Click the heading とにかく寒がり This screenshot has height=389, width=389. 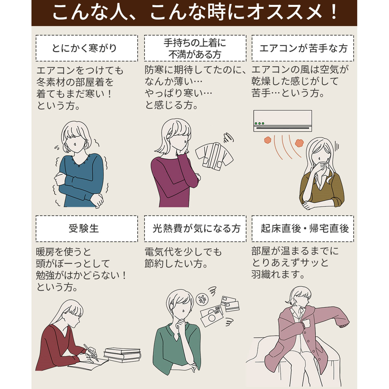pos(84,48)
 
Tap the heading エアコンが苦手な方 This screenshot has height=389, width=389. pos(303,48)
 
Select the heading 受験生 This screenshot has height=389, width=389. pos(84,229)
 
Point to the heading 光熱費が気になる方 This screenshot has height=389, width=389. pos(196,229)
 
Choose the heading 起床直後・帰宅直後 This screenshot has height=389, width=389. pos(305,228)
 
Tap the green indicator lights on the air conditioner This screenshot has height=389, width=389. pos(259,123)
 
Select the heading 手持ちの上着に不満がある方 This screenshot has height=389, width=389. pos(195,48)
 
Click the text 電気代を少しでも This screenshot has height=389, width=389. pos(183,252)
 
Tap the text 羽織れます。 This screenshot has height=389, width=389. pos(278,275)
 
